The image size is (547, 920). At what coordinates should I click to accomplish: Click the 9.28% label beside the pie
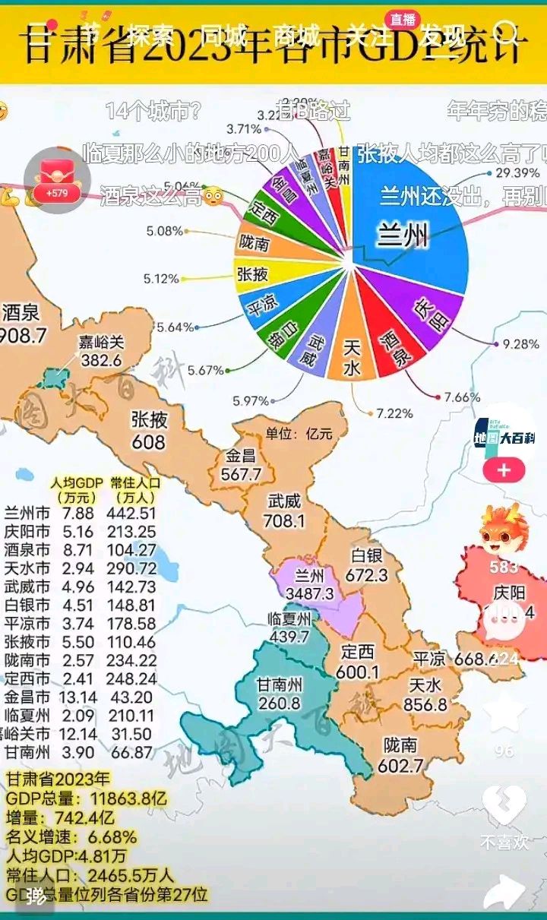click(520, 344)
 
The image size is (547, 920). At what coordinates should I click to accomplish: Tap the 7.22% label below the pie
click(394, 413)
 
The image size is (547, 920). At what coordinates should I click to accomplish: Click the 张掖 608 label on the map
click(149, 430)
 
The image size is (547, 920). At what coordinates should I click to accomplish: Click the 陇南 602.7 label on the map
click(400, 755)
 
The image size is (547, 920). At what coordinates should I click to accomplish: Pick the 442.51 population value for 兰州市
click(133, 514)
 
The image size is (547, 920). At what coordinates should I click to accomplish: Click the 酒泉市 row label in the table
click(27, 550)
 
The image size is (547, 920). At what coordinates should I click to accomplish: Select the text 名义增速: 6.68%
click(71, 837)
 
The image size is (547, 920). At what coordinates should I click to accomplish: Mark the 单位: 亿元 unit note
click(299, 435)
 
